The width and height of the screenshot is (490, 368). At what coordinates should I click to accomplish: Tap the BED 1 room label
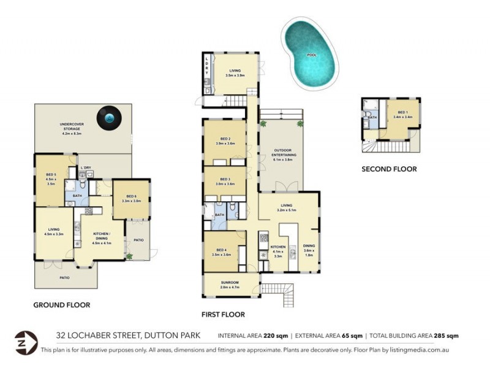(x=401, y=113)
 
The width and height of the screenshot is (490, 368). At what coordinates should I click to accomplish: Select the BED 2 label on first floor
(x=225, y=140)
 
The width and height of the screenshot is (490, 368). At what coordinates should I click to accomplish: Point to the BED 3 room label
(x=225, y=180)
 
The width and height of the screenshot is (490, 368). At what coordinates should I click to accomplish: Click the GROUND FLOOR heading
(x=62, y=305)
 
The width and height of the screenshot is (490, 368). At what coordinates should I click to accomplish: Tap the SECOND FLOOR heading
(x=389, y=169)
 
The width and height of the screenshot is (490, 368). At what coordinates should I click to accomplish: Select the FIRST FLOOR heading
(x=223, y=315)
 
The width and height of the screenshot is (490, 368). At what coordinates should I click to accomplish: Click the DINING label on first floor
(x=309, y=247)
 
